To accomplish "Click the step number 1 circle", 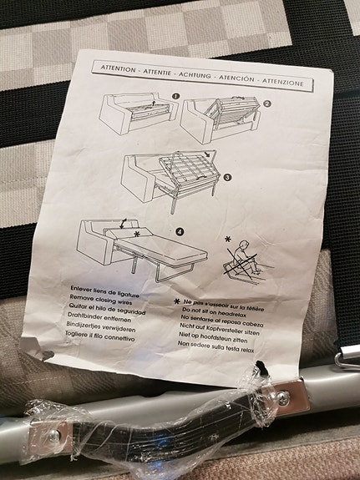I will (175, 97).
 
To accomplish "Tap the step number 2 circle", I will (266, 105).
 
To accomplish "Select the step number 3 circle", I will (226, 176).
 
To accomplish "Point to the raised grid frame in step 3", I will (179, 168).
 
